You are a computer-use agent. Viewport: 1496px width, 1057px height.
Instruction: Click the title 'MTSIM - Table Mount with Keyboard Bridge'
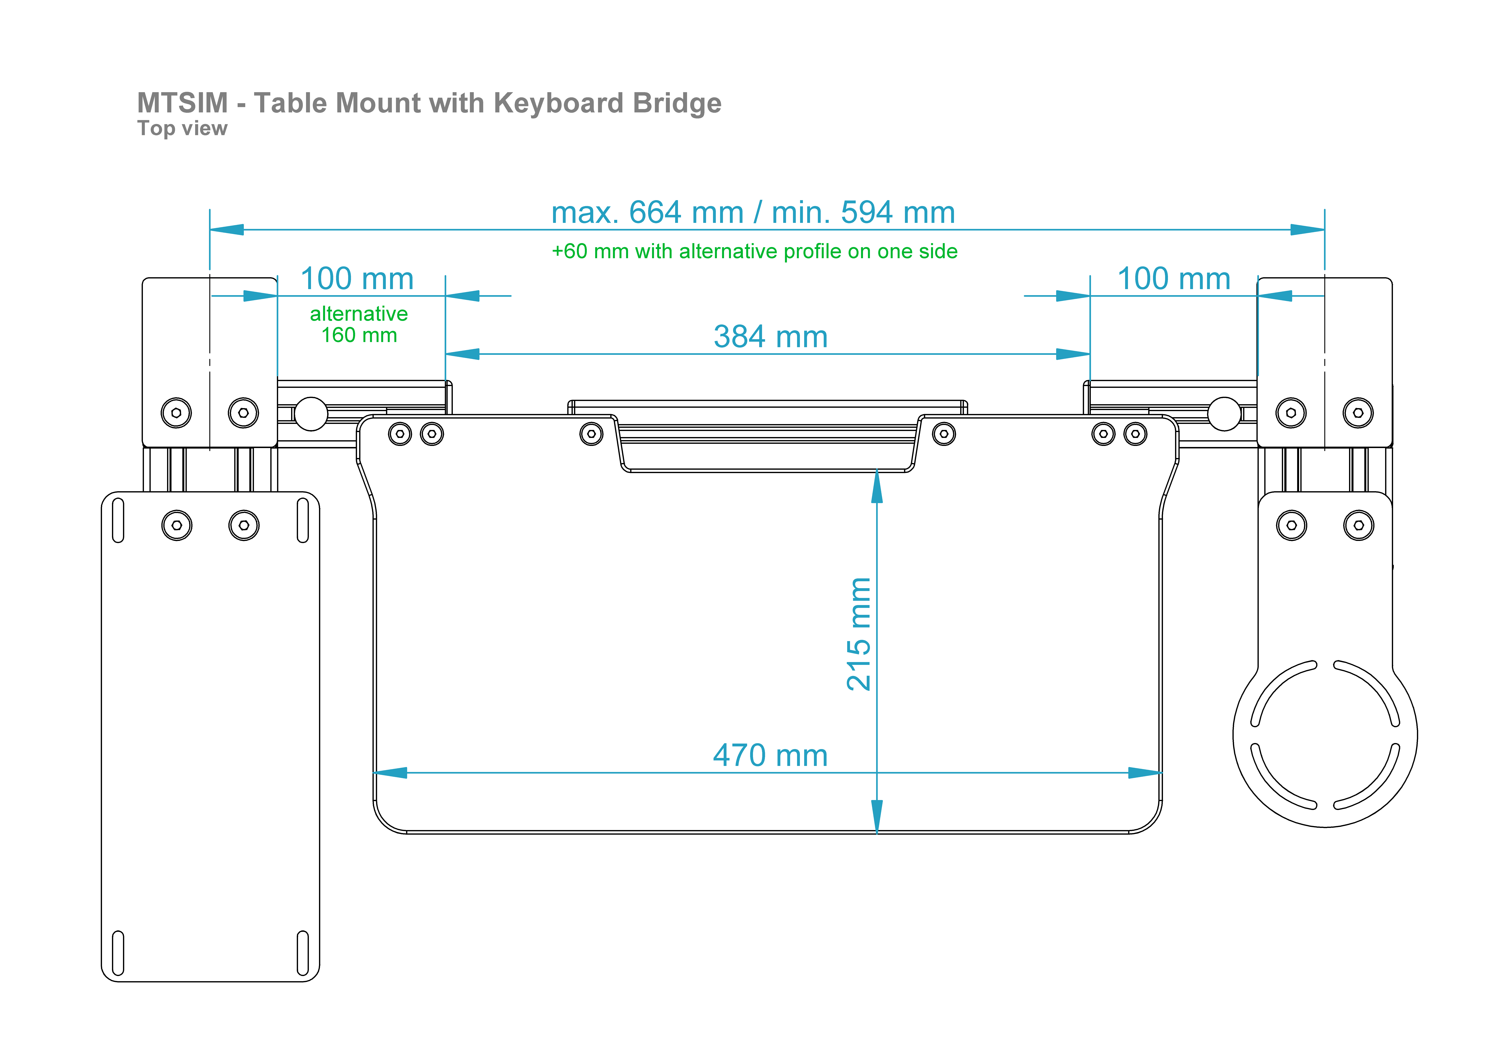click(x=429, y=103)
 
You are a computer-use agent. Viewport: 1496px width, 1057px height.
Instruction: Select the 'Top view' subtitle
click(x=183, y=128)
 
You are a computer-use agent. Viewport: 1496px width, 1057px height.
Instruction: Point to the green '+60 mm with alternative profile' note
click(x=755, y=251)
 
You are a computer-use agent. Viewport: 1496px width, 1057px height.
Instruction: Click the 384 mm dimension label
click(x=771, y=337)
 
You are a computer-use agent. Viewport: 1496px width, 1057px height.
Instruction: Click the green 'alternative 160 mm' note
click(x=359, y=324)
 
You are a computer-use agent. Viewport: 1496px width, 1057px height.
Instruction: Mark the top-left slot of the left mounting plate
click(x=118, y=520)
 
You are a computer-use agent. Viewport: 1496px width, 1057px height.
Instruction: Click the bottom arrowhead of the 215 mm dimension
click(x=877, y=816)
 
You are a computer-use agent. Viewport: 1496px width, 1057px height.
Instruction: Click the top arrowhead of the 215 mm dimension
click(x=877, y=486)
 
